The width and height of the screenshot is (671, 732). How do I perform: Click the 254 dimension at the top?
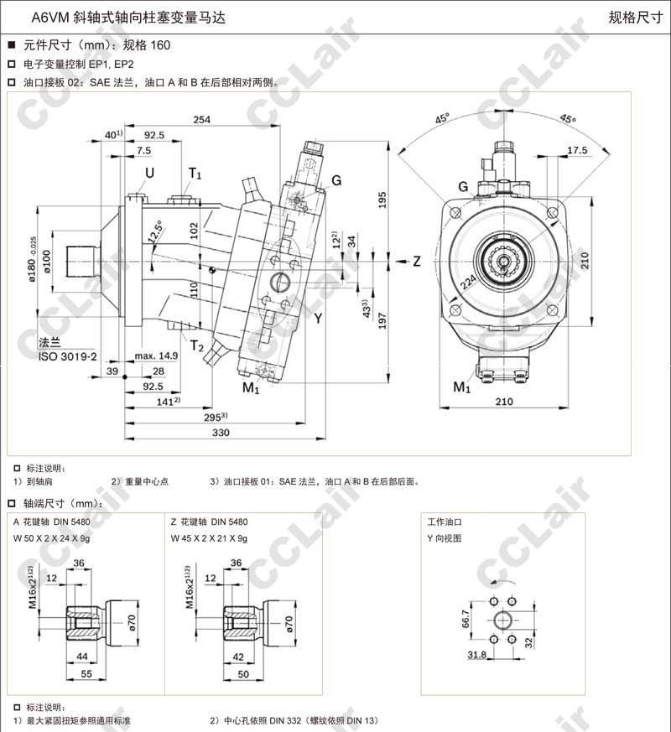201,120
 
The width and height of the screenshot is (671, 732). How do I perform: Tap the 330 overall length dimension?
220,433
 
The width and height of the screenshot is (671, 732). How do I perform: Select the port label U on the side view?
149,174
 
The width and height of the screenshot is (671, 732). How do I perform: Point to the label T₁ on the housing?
195,174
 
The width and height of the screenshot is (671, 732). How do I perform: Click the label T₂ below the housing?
196,346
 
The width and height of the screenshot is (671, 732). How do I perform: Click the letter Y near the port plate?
318,317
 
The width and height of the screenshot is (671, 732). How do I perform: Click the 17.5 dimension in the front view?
577,151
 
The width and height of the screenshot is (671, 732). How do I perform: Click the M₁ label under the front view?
461,387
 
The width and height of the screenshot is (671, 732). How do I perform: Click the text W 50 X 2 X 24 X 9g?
53,537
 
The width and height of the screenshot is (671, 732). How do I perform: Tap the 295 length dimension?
216,417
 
